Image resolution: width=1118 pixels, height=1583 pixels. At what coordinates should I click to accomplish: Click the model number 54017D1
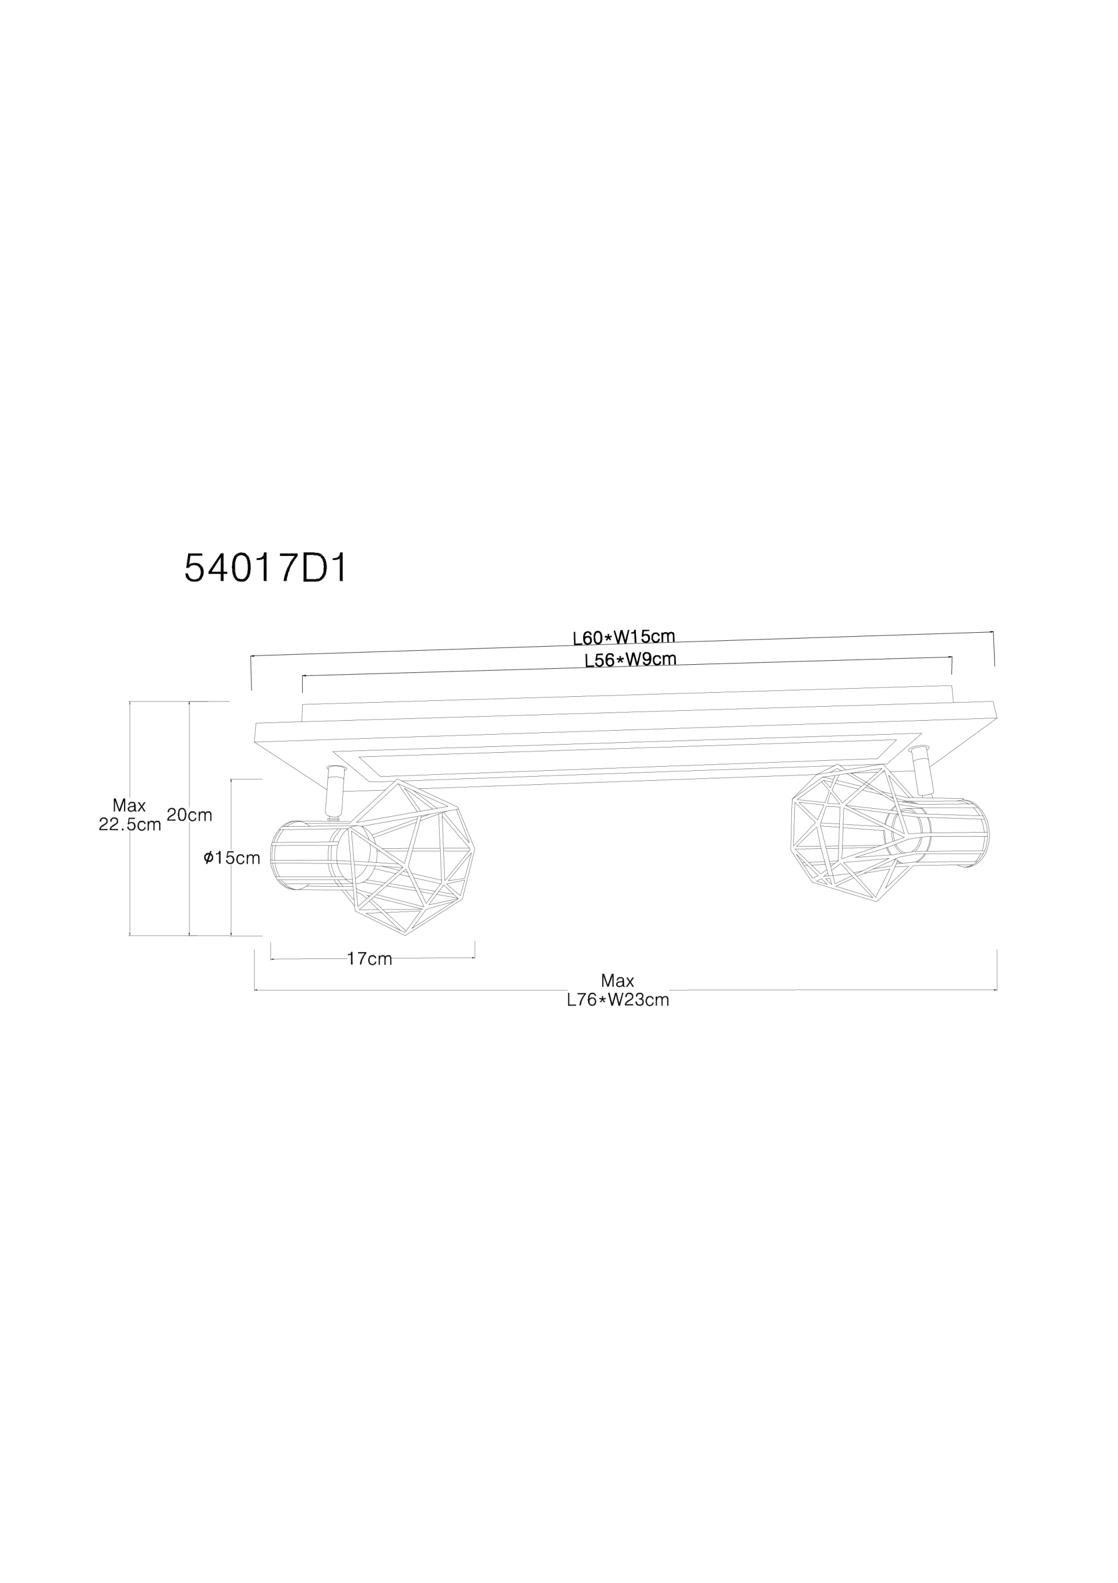[x=266, y=569]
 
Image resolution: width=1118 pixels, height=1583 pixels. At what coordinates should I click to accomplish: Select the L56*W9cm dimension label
[x=630, y=660]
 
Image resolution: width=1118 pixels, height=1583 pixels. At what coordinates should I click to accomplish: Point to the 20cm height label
[x=190, y=815]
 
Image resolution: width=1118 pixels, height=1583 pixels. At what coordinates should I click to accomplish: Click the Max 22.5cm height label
[x=130, y=815]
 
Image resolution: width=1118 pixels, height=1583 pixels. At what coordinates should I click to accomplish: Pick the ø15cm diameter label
[x=232, y=858]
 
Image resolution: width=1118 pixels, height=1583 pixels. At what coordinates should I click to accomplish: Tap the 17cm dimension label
[x=369, y=958]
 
